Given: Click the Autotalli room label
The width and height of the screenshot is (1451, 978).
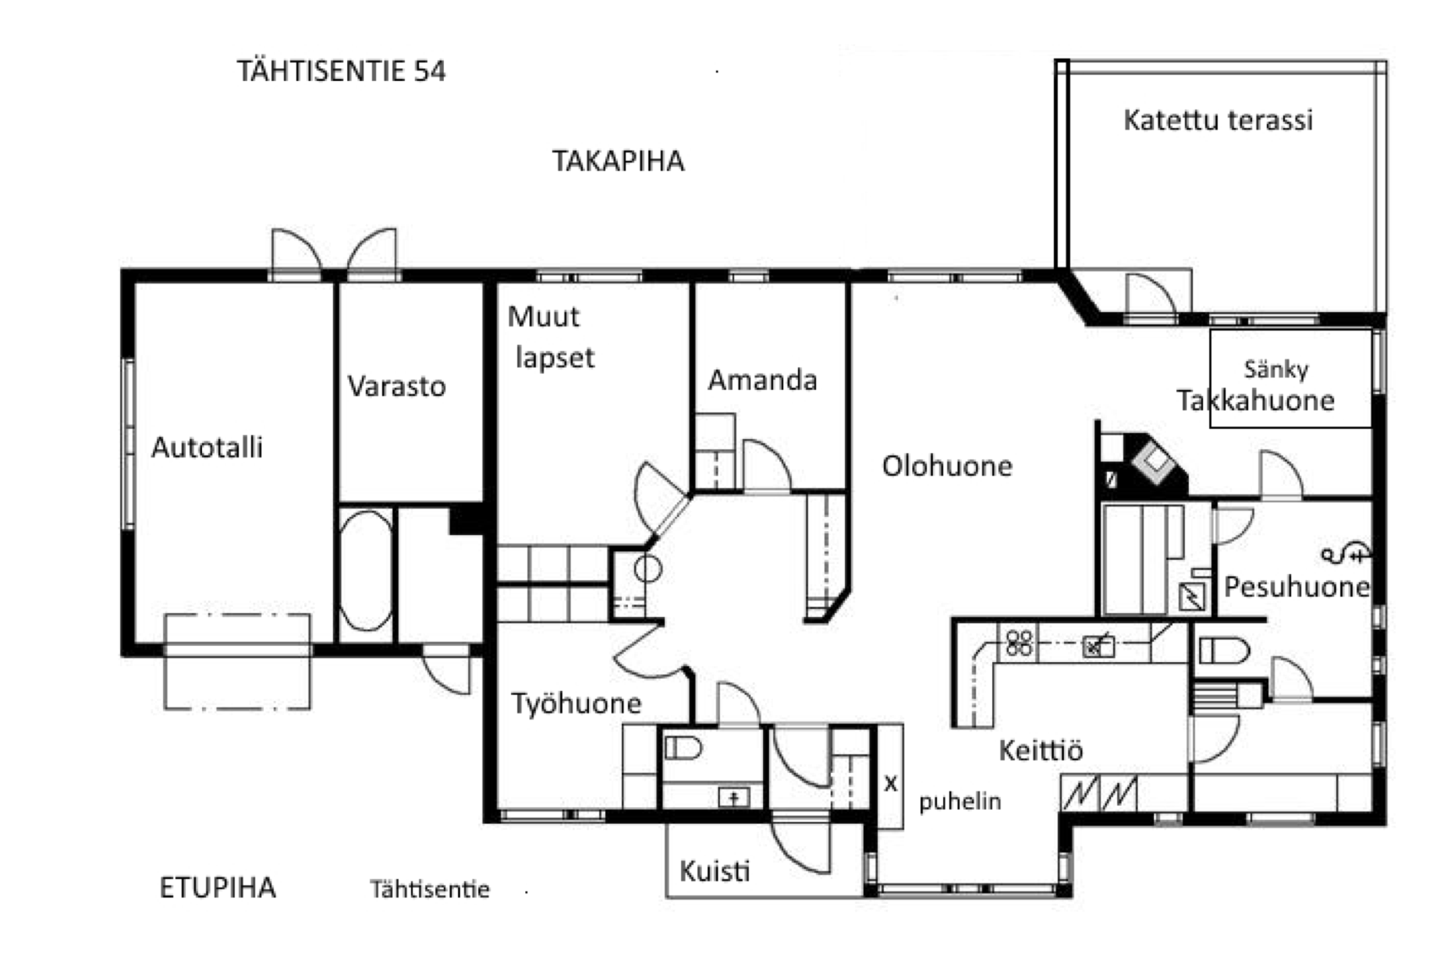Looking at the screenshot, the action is point(207,448).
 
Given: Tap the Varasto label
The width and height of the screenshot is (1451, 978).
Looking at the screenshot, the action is point(396,386).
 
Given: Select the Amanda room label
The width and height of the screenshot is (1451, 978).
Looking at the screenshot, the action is point(762,380).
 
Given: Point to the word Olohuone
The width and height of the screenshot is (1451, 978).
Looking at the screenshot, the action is point(947,466).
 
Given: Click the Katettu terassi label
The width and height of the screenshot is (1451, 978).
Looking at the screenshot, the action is point(1218,120).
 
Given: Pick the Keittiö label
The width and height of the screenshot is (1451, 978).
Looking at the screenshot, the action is point(1041,750).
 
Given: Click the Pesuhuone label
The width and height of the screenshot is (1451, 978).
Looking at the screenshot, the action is point(1297,586).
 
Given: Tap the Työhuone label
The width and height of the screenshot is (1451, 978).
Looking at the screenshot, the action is point(576,704).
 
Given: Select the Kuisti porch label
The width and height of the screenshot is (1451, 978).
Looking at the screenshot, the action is point(715,871).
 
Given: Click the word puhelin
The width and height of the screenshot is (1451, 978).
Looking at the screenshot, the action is point(960,802).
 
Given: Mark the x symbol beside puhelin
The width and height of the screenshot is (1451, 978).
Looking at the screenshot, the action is point(891,783).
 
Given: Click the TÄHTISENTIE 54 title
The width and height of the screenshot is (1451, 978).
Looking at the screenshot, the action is point(341,71).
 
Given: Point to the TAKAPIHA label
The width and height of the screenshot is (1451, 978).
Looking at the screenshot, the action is point(618,161).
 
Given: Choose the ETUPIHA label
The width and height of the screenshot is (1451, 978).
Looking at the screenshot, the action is point(218,888).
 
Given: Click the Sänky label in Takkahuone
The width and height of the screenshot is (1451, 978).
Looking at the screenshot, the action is point(1275,370).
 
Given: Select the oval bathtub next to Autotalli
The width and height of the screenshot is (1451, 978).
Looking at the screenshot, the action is point(366,570).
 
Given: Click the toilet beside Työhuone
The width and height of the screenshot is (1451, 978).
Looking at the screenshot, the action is point(683,749).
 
